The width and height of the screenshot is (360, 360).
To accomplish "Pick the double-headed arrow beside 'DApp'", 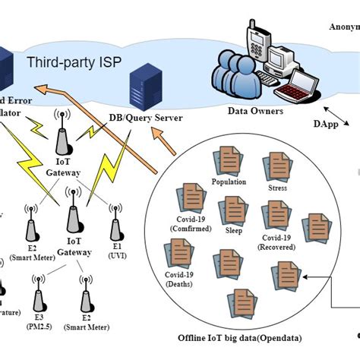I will [x=341, y=119].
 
